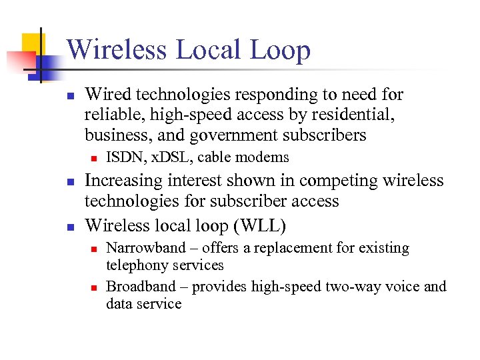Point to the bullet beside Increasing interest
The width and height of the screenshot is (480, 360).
[71, 182]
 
